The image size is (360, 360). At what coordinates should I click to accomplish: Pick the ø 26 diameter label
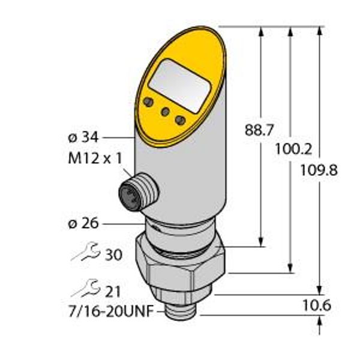point(82,224)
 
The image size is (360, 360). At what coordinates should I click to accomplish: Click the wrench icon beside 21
point(82,291)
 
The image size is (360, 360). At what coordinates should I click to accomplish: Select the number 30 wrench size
point(113,255)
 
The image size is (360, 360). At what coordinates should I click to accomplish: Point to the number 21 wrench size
point(112,292)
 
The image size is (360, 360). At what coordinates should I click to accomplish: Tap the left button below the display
point(146,103)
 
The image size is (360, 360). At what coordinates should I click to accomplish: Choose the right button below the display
point(179,121)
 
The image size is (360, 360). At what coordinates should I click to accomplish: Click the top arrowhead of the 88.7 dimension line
point(262,31)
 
